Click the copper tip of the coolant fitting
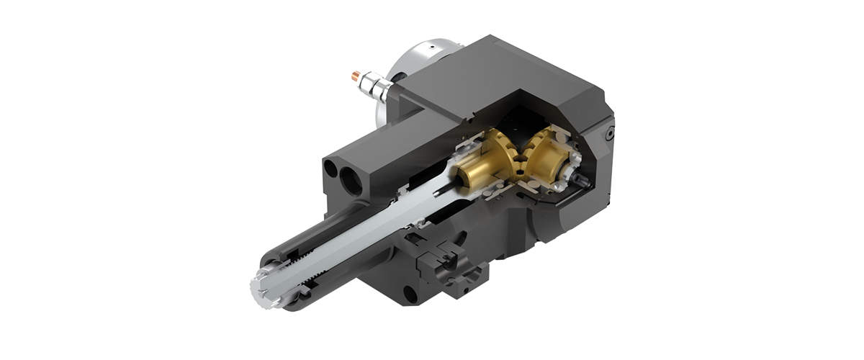tap(354, 74)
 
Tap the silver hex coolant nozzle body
tap(374, 84)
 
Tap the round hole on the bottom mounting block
tap(409, 293)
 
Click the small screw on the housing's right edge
tap(609, 134)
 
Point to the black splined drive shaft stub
tap(580, 176)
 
